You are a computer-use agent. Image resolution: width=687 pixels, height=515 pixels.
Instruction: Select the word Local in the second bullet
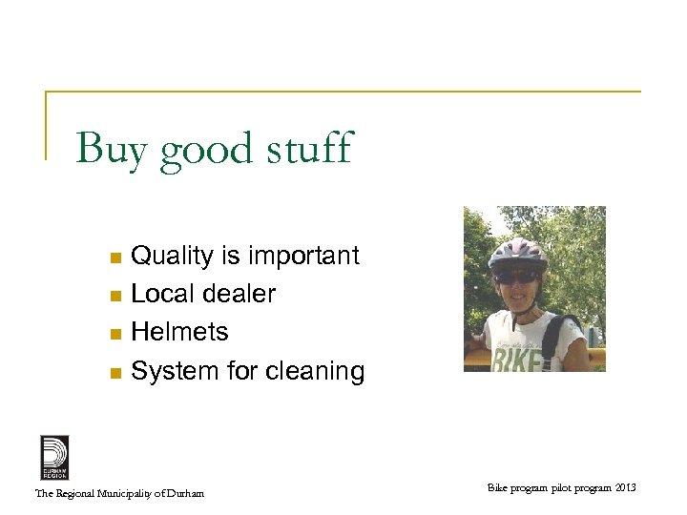coord(161,294)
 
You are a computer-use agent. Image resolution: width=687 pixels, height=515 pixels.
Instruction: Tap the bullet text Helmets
coord(179,332)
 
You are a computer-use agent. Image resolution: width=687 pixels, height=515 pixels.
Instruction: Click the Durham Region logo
coord(54,457)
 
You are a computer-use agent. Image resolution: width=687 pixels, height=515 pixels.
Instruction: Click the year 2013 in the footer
coord(625,488)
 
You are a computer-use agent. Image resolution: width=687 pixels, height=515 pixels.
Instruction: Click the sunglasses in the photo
coord(517,277)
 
